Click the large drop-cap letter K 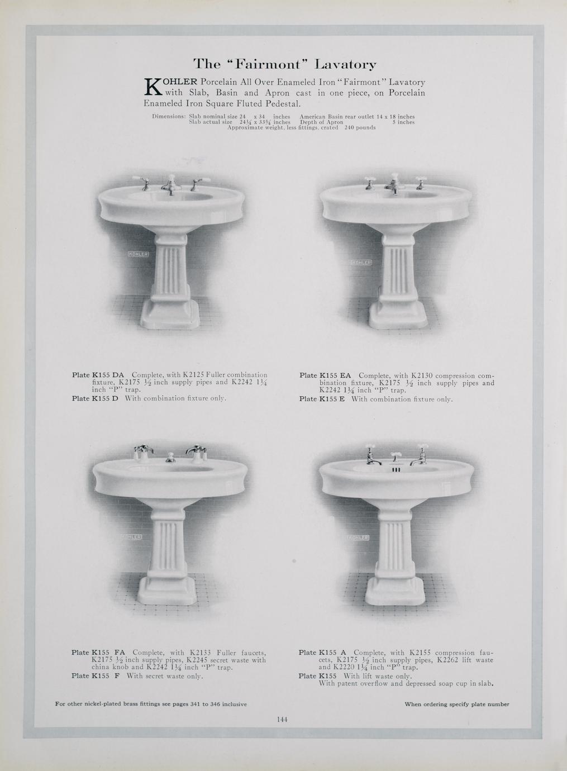[153, 87]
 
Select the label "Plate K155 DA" [98, 375]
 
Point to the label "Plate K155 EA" [325, 375]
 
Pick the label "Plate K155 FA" [98, 652]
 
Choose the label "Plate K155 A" [322, 652]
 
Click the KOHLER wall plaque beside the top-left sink [139, 254]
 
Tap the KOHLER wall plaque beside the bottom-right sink [359, 537]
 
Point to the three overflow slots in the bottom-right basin [396, 469]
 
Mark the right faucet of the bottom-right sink [420, 456]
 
